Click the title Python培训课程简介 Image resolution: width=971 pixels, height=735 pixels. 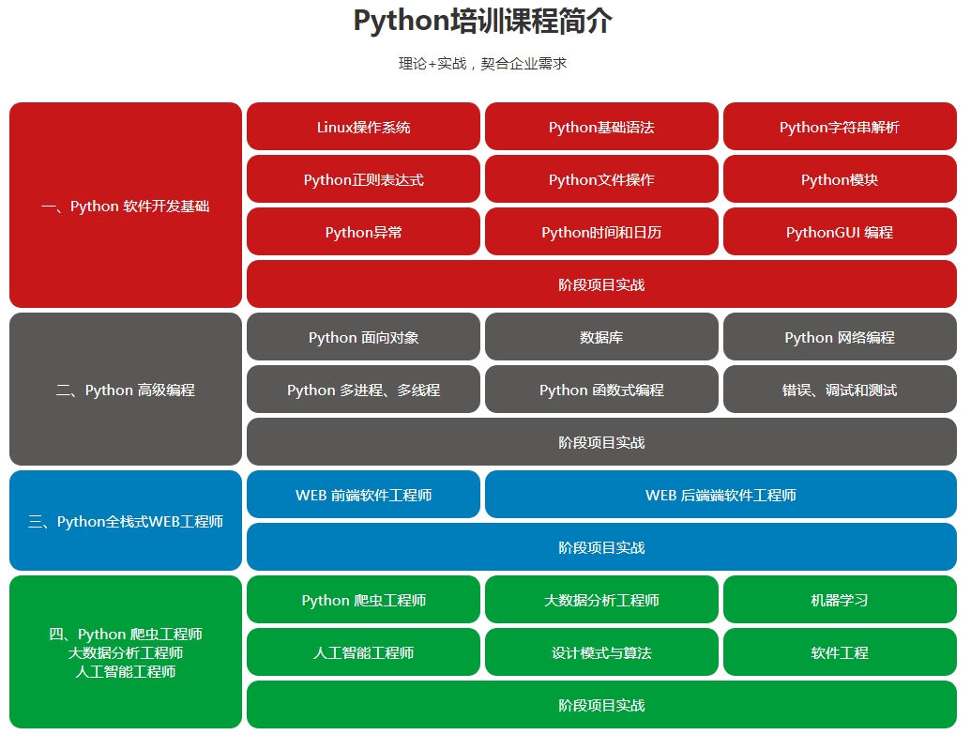(483, 21)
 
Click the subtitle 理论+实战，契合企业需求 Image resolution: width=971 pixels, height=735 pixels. (483, 64)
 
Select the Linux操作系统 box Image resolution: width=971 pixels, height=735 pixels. (363, 127)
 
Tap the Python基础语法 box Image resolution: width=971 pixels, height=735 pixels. (601, 127)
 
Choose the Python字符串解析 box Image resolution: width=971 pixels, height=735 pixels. (840, 127)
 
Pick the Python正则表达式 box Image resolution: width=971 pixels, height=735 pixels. (363, 179)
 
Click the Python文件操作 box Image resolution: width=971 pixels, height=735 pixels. (601, 179)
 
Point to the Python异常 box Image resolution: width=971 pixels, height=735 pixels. (363, 232)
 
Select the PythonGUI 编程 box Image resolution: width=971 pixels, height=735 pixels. (840, 232)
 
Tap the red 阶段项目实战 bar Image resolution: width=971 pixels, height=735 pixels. (601, 284)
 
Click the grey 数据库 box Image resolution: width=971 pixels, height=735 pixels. (601, 337)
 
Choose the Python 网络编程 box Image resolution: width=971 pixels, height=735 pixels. (840, 337)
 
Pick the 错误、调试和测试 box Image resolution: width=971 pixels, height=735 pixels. (840, 390)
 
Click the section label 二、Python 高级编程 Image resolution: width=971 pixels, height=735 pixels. (126, 390)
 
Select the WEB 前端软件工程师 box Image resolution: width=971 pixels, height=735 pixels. (363, 495)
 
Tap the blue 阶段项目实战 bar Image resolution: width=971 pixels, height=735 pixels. (601, 547)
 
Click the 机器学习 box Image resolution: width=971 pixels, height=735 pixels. (840, 600)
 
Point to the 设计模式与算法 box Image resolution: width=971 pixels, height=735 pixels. (601, 652)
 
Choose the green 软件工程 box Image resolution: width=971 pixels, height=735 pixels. (840, 652)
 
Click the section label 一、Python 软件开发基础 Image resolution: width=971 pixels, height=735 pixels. (126, 206)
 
